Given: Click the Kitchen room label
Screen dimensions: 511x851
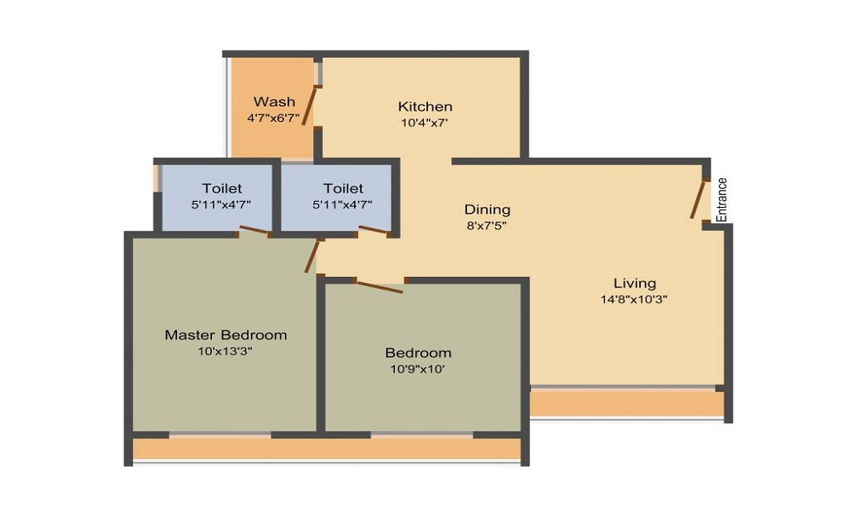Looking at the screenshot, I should pos(425,106).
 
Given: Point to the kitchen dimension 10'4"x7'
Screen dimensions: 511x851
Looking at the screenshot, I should pos(425,123).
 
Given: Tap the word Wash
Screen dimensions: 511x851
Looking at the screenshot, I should pos(274,102).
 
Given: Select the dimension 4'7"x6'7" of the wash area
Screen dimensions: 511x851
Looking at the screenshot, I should pos(274,118).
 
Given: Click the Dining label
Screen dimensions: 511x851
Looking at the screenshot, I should pos(487,210).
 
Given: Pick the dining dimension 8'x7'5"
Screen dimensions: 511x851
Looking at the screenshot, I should pos(487,226).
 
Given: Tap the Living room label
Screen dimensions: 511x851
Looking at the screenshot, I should pos(635,283).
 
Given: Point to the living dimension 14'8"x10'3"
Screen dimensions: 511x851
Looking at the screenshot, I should pos(635,299).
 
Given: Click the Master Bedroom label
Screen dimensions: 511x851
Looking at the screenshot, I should pos(226,335).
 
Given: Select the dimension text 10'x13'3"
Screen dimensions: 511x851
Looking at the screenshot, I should pos(226,351).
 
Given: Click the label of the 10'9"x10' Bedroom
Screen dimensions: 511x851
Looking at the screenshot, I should pos(418,353).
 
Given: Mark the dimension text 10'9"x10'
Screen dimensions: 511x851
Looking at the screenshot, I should pos(418,369).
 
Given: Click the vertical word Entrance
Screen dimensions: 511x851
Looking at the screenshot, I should pos(722,199).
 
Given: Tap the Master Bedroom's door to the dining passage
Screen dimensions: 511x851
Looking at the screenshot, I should pos(312,255).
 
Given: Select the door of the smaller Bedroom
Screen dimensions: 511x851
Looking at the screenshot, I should pos(379,287).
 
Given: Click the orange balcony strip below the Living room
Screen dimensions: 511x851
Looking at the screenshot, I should pos(625,403).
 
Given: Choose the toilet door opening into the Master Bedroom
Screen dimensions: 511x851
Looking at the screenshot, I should pos(254,229).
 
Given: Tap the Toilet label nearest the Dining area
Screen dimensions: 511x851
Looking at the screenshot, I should pos(343,188).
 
